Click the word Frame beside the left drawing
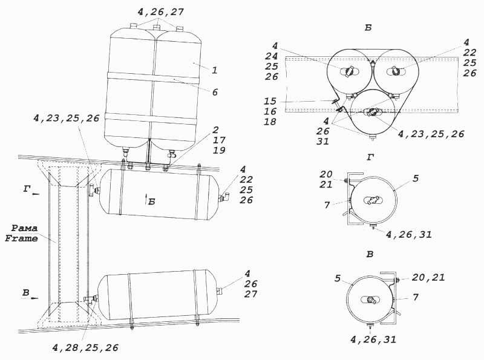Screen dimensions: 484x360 click(x=21, y=238)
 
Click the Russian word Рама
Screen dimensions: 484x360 click(x=24, y=229)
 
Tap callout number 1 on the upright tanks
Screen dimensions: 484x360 click(x=215, y=70)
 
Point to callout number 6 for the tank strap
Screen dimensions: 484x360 click(x=215, y=92)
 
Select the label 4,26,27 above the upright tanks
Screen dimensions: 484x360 click(x=160, y=12)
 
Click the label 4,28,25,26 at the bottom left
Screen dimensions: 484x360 click(x=85, y=348)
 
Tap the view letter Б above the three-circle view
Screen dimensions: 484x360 click(x=368, y=28)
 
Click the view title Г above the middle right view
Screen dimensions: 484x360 click(x=370, y=158)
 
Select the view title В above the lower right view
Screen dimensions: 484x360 click(x=370, y=254)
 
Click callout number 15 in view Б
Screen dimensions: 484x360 click(x=270, y=101)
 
